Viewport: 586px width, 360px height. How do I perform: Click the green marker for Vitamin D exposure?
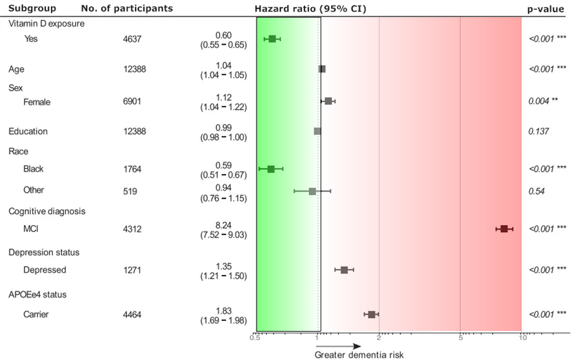pos(272,38)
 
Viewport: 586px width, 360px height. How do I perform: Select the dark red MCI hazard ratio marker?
pos(504,228)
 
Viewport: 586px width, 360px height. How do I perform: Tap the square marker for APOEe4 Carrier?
pos(372,315)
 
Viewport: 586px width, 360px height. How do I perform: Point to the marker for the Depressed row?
pos(344,270)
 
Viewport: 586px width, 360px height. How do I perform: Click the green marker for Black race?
pos(271,169)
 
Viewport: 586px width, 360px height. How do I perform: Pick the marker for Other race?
pos(312,190)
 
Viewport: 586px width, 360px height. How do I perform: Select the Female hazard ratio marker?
pos(328,101)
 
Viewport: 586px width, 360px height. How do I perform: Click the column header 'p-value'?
pos(546,9)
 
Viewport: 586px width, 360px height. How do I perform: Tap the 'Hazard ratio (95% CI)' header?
pos(310,9)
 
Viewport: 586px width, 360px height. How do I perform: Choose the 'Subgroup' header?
pos(32,9)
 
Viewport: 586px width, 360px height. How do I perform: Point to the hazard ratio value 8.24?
pos(223,223)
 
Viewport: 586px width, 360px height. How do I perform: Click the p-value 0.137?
pos(540,131)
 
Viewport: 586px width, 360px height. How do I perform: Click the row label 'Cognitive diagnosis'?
pos(47,211)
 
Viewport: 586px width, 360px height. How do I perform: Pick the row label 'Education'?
pos(28,131)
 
